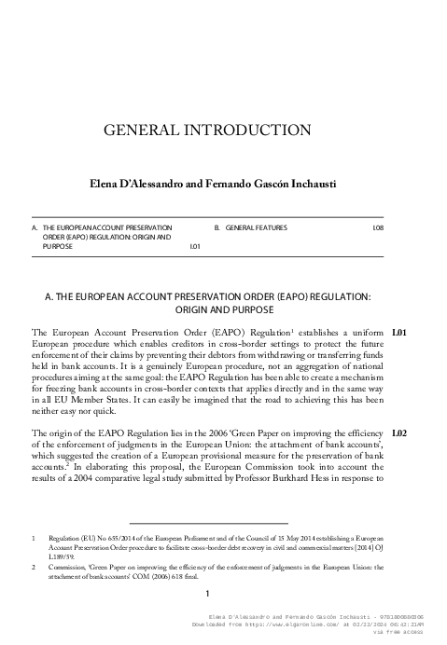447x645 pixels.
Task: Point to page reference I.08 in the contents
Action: click(378, 227)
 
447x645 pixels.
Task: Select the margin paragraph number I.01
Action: click(399, 331)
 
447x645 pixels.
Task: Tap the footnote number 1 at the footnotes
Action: click(35, 538)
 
